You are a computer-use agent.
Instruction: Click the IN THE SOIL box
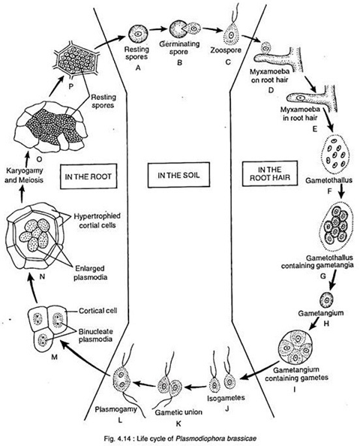178,175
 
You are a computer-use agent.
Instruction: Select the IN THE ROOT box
88,176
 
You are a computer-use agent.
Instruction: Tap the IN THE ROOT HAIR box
270,173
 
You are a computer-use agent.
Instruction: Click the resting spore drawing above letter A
138,33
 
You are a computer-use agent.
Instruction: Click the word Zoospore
226,50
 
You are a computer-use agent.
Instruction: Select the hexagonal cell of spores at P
77,63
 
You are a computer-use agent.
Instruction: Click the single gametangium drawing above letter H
326,300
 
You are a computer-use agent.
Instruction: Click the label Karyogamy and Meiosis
24,175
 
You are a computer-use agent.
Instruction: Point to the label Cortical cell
98,311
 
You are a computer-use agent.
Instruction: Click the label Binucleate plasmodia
95,335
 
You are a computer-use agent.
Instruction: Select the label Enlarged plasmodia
90,273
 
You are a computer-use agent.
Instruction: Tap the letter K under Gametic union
178,423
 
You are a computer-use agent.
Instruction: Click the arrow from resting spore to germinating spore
157,29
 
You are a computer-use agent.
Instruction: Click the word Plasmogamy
116,409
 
